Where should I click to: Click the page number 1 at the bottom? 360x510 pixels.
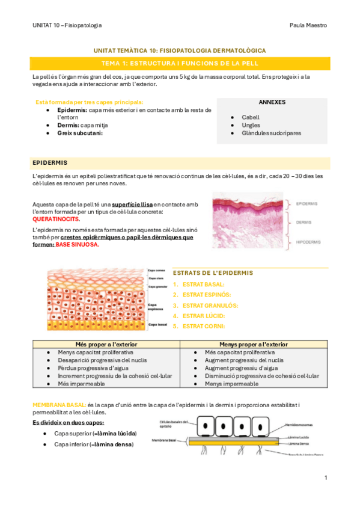point(325,478)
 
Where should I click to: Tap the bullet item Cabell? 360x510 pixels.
point(251,117)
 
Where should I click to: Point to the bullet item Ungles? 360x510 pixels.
point(251,125)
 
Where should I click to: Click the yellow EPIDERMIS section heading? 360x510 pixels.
point(50,162)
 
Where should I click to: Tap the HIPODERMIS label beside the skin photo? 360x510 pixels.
point(308,242)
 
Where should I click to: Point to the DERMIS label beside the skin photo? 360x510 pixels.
point(304,222)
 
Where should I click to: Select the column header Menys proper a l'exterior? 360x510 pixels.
point(255,344)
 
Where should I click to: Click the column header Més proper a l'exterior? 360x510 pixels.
point(106,344)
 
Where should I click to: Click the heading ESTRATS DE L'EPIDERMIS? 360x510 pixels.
point(213,273)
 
